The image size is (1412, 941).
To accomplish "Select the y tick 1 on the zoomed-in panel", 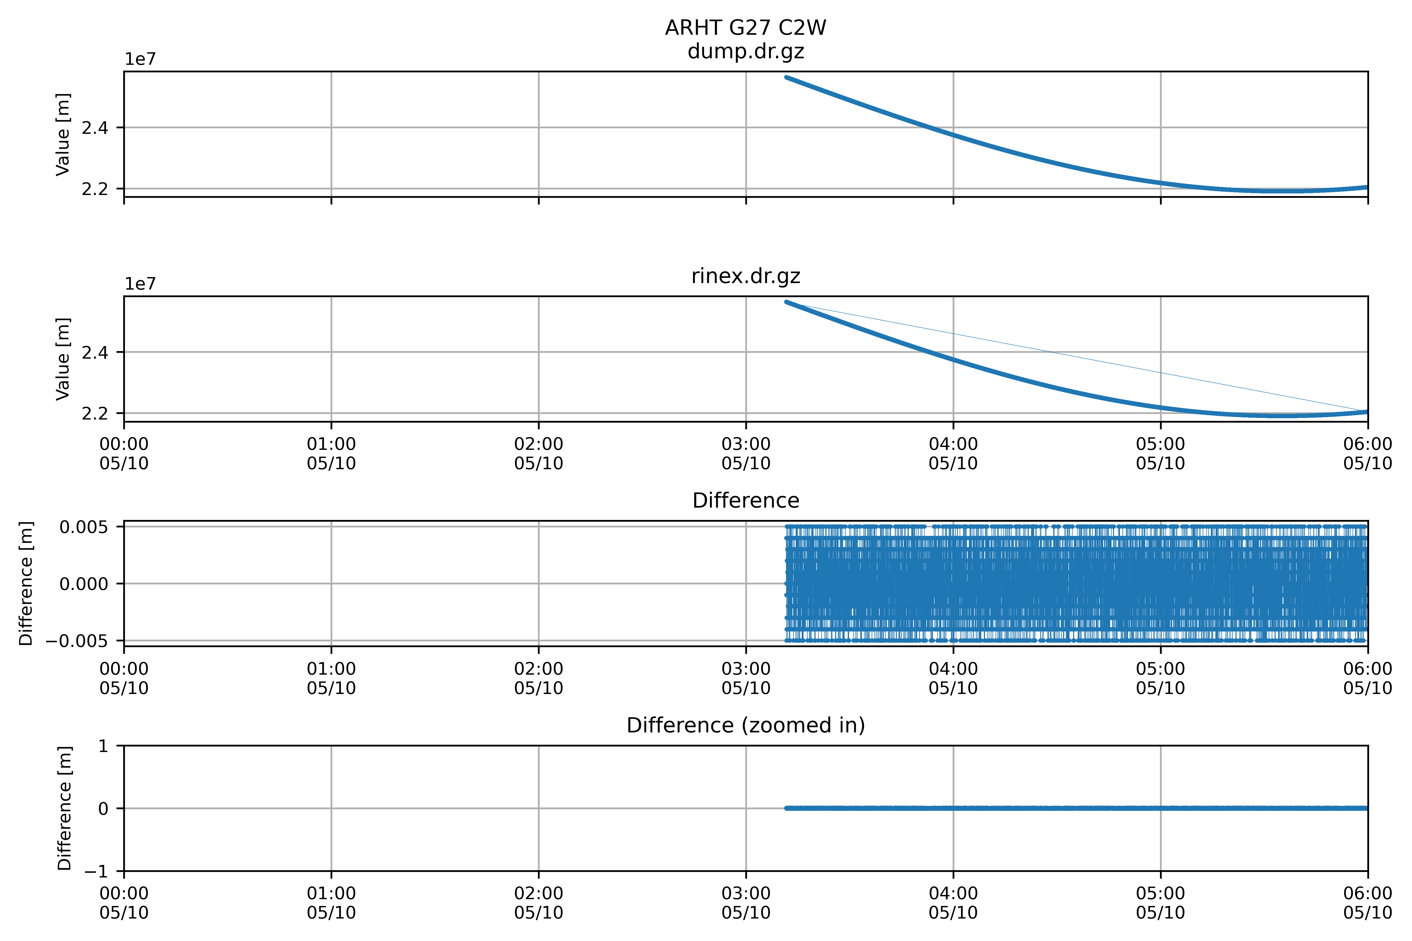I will [103, 746].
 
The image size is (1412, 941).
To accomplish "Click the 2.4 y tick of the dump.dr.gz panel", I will [95, 128].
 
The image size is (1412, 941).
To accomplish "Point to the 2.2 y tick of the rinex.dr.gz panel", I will [95, 414].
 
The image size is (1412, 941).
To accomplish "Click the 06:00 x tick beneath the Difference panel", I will [1368, 678].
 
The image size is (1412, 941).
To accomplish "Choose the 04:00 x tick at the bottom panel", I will [953, 903].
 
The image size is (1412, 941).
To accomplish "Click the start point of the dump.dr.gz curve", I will [787, 77].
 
